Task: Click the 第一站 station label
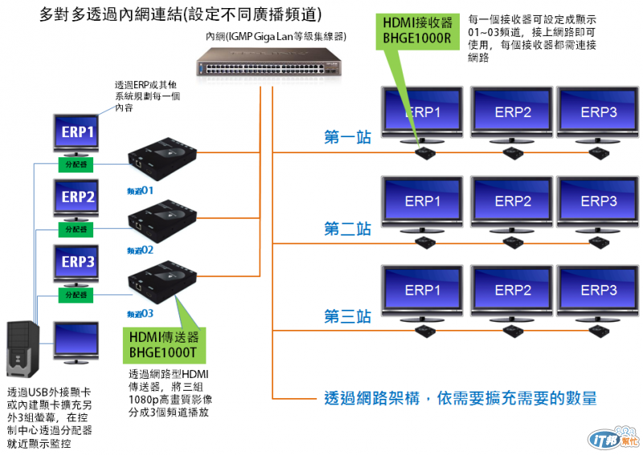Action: click(347, 137)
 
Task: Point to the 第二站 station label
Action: click(347, 228)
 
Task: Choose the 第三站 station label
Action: click(347, 317)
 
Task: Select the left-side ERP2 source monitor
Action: click(78, 197)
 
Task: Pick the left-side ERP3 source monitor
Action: click(78, 262)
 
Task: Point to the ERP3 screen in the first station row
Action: click(598, 113)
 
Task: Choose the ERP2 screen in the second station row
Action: click(512, 201)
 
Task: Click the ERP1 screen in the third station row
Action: click(422, 290)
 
